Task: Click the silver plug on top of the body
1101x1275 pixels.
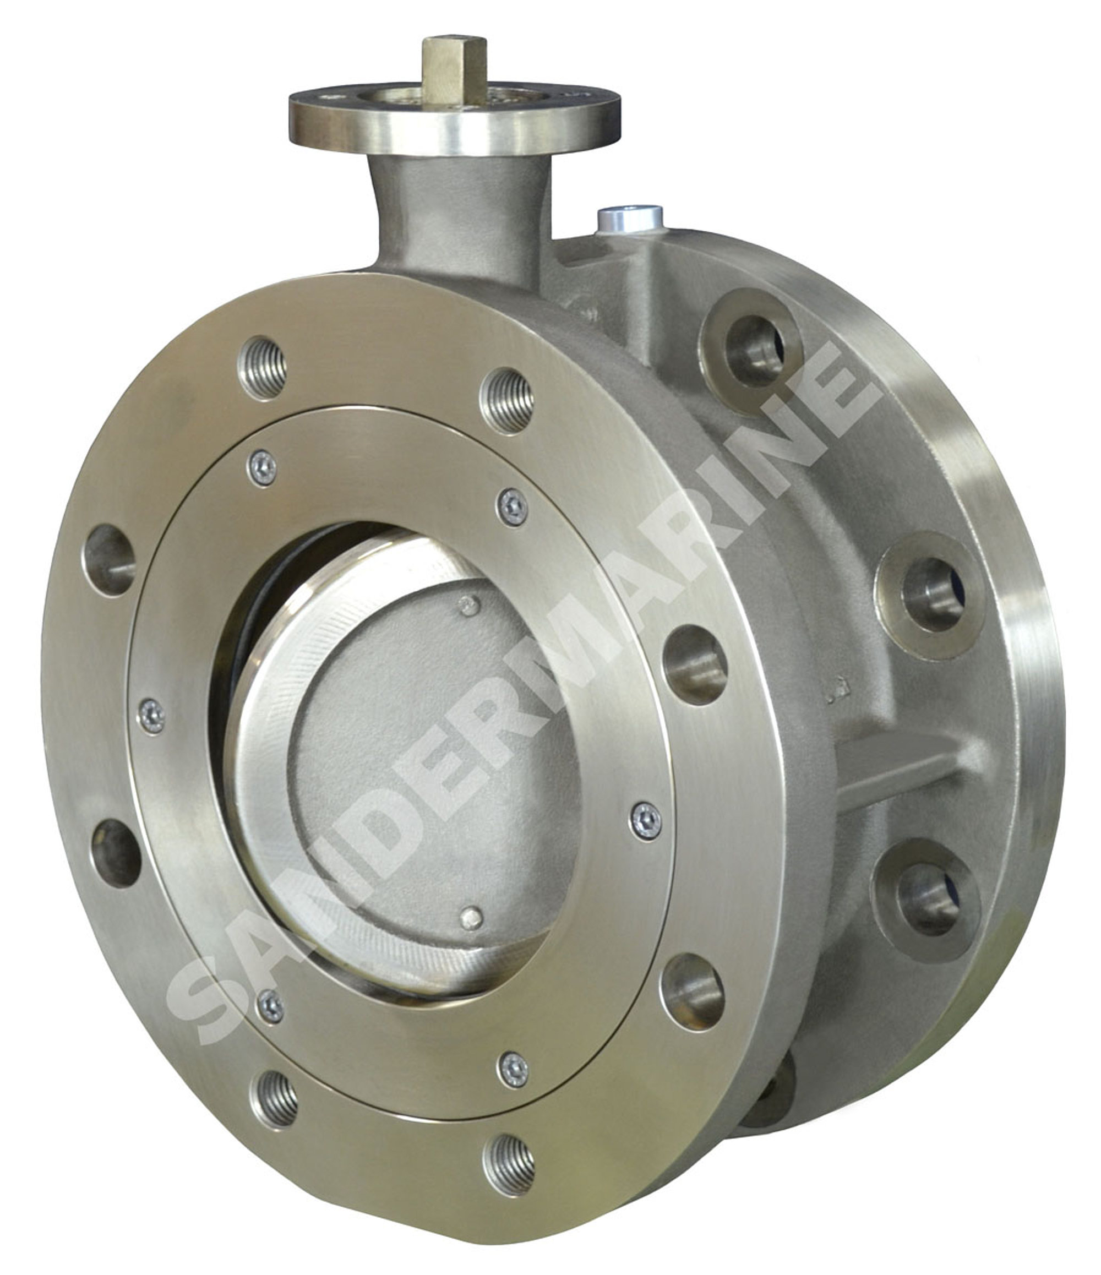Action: tap(630, 218)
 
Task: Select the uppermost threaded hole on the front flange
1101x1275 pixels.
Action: tap(263, 368)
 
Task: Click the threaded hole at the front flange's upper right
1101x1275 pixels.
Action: tap(506, 400)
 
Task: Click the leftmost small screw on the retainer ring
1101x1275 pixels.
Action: tap(151, 716)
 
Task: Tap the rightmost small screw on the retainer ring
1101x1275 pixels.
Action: tap(646, 821)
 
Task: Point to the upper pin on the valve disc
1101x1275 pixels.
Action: tap(470, 606)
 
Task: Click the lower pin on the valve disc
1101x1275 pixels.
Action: tap(471, 919)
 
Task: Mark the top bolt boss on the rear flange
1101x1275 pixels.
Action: tap(753, 351)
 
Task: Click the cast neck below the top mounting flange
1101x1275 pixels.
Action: tap(459, 215)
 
